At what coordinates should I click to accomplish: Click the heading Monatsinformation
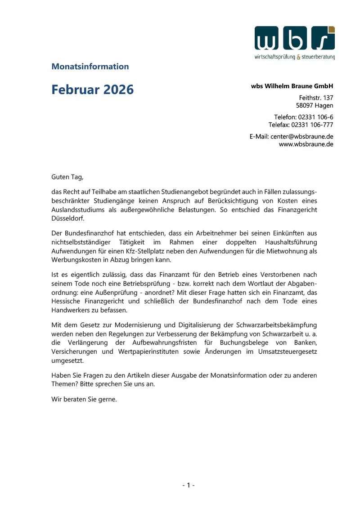pos(90,67)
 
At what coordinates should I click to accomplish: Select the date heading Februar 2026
pos(92,90)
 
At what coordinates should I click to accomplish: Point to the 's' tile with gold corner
pos(323,39)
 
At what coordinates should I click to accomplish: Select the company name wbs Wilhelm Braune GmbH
pos(292,86)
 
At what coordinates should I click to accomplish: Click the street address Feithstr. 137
pos(316,98)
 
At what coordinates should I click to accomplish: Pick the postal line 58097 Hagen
pos(315,106)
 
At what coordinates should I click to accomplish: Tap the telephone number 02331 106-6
pos(315,117)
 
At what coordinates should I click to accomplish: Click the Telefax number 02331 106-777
pos(312,125)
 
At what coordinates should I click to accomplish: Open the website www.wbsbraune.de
pos(306,144)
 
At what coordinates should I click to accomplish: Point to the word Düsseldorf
pos(67,218)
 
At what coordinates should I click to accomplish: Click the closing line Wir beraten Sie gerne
pos(84,398)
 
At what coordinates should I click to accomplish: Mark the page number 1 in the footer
pos(188,485)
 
